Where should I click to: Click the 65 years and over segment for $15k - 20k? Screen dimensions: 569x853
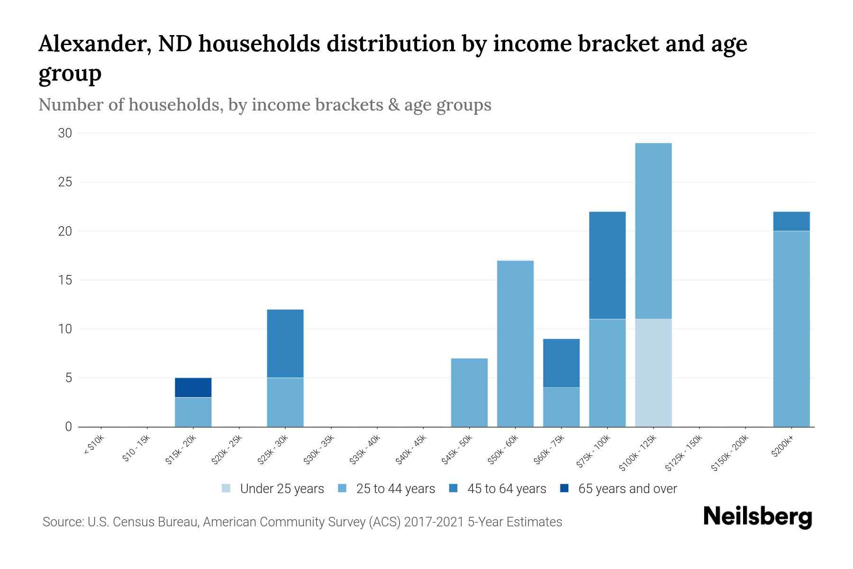(193, 387)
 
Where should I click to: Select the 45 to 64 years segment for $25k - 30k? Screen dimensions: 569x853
(285, 343)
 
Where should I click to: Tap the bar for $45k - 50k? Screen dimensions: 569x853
(469, 393)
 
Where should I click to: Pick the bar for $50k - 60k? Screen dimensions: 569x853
(515, 344)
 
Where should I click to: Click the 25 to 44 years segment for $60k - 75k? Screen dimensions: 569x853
(561, 407)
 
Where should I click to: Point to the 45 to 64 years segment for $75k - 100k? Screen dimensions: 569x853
(607, 266)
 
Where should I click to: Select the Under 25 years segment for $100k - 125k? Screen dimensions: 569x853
(653, 373)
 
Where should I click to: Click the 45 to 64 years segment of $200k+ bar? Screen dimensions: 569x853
(791, 221)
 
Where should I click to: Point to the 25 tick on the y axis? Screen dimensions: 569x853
(65, 182)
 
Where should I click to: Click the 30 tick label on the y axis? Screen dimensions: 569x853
(65, 133)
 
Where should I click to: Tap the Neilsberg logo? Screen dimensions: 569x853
(757, 517)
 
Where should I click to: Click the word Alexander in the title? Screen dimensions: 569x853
(93, 44)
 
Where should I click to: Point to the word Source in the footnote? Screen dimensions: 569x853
(63, 522)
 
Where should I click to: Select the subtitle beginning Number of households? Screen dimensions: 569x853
(264, 105)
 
